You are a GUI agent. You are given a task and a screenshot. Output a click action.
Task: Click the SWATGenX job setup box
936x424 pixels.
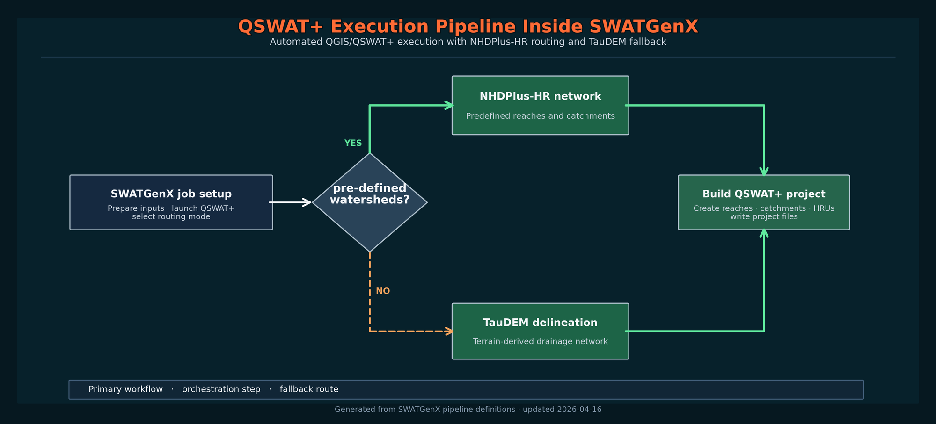tap(171, 202)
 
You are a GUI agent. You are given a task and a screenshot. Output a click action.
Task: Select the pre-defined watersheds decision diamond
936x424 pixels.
tap(370, 202)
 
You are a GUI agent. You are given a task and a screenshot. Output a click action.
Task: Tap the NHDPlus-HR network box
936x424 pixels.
tap(540, 105)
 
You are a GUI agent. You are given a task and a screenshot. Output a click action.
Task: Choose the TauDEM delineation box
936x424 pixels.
tap(540, 331)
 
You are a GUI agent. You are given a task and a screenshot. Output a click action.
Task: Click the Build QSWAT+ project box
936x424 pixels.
tap(764, 202)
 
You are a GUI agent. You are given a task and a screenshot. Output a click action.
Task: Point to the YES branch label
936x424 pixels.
tap(353, 144)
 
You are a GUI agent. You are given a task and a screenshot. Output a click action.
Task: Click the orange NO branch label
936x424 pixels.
tap(383, 291)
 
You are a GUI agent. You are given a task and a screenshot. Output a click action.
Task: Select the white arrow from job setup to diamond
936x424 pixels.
tap(290, 202)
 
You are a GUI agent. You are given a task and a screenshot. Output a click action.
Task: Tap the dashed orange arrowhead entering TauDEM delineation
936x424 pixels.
tap(449, 331)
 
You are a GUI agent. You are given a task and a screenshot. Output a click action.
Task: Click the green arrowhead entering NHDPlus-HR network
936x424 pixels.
tap(449, 106)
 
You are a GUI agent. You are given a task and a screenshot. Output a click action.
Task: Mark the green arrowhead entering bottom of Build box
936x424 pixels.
tap(764, 233)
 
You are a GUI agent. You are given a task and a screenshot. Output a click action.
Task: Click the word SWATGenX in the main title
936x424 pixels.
tap(643, 27)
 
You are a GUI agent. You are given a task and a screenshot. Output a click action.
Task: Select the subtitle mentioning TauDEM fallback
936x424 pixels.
tap(468, 42)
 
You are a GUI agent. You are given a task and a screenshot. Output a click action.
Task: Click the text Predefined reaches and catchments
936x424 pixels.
tap(540, 116)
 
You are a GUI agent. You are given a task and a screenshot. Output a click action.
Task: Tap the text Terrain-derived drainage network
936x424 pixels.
tap(540, 342)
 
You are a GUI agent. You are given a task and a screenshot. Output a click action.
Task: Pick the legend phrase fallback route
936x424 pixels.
tap(309, 389)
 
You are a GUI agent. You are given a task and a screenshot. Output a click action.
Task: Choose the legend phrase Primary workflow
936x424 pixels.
tap(125, 389)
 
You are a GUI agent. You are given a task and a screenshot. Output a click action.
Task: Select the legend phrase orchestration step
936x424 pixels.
tap(221, 389)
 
